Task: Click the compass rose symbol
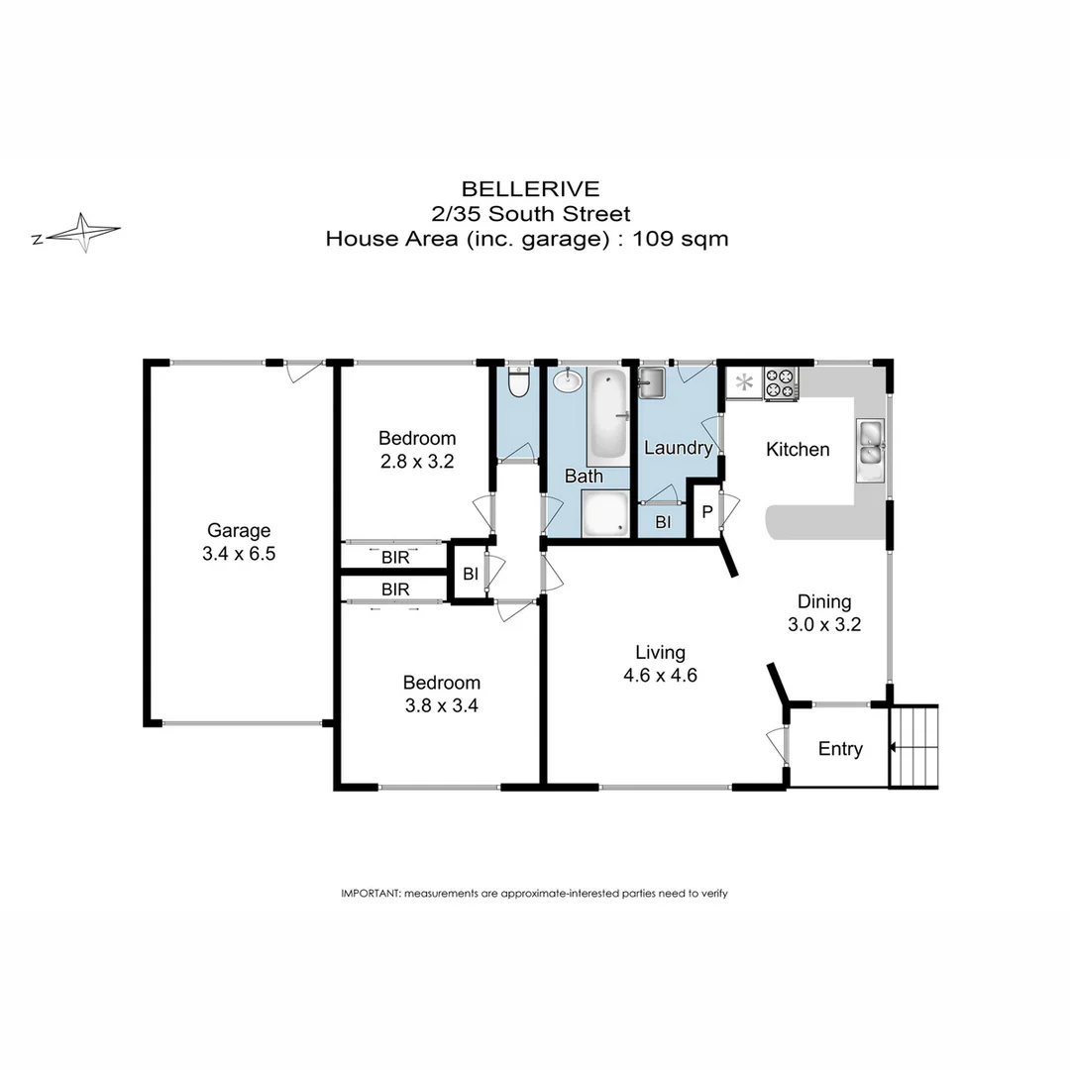(x=84, y=233)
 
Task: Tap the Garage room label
(x=238, y=530)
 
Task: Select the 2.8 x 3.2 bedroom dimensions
(x=417, y=461)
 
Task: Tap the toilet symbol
(x=518, y=380)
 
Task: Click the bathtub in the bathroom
(x=607, y=415)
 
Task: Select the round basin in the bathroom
(x=568, y=379)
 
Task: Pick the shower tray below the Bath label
(x=603, y=514)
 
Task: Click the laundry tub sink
(x=652, y=382)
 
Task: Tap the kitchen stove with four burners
(x=781, y=383)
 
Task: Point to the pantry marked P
(x=706, y=511)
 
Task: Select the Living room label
(x=660, y=652)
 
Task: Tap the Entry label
(x=839, y=749)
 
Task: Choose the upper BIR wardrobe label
(x=395, y=558)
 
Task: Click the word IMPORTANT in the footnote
(x=370, y=893)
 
